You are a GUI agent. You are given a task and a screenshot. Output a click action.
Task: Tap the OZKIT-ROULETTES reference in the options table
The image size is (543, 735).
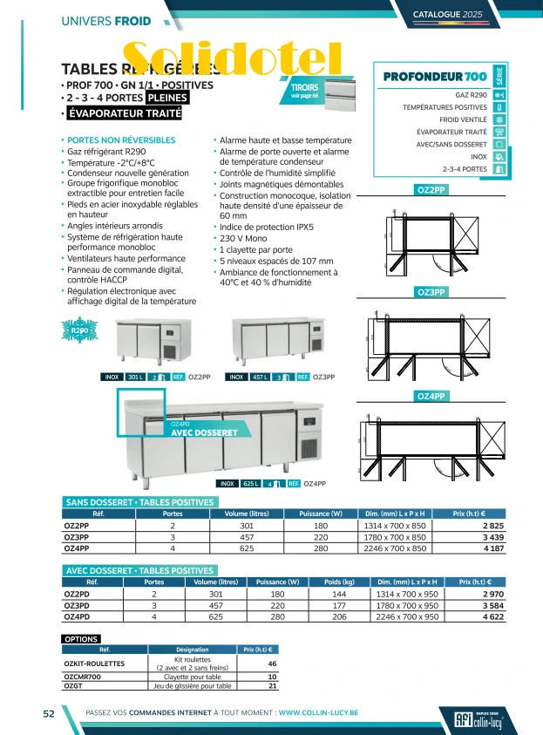[x=95, y=664]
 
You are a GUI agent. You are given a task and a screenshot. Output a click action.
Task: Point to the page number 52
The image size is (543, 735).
[x=50, y=713]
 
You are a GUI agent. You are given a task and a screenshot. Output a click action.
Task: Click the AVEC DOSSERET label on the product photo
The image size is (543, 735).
[x=204, y=432]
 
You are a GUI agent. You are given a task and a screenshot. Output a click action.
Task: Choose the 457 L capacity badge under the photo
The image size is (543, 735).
[x=259, y=377]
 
